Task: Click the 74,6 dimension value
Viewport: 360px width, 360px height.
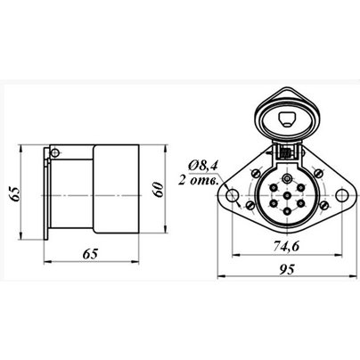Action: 286,247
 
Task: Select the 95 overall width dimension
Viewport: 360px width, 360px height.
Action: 287,269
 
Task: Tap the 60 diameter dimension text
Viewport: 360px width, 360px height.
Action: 159,189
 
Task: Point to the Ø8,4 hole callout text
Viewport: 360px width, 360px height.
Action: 203,165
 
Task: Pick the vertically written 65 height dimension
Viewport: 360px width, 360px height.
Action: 15,194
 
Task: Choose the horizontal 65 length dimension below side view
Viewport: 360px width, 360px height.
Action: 90,254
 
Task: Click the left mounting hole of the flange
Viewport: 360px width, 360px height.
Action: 233,195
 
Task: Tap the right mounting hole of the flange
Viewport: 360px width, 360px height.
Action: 342,195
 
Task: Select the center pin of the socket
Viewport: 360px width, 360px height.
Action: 287,196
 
